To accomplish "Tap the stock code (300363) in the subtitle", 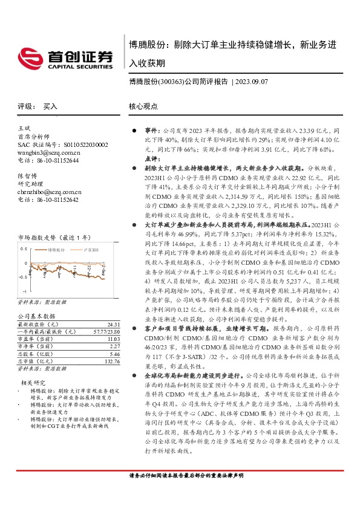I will tap(170, 80).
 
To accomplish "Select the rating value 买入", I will tap(50, 106).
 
